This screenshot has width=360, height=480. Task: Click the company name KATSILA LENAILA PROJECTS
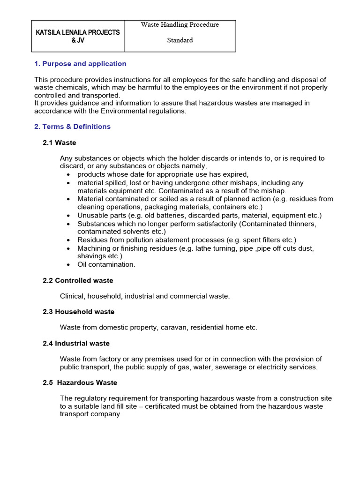click(78, 32)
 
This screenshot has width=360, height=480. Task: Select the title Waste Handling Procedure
click(180, 24)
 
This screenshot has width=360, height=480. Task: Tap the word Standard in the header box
click(180, 40)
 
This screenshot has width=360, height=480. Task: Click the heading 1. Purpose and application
click(80, 64)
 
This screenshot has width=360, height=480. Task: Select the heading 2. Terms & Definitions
click(73, 127)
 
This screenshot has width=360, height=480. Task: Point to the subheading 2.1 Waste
click(60, 142)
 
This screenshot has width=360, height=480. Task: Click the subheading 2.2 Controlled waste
click(78, 280)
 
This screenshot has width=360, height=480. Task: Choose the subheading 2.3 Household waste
click(79, 312)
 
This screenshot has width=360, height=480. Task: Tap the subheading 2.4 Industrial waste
click(76, 343)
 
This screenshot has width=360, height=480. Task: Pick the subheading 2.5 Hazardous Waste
click(80, 382)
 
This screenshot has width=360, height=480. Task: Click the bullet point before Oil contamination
click(68, 265)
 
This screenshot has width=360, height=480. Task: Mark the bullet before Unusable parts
click(68, 216)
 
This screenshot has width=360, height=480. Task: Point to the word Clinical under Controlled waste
click(72, 296)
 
